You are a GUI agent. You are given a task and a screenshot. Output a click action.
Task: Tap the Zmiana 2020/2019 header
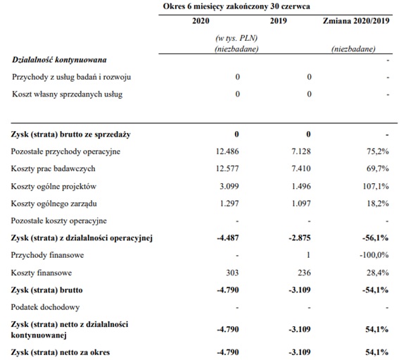click(358, 21)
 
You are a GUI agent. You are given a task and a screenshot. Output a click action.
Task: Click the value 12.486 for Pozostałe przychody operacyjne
click(226, 151)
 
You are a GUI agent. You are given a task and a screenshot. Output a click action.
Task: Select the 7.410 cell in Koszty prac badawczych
click(298, 169)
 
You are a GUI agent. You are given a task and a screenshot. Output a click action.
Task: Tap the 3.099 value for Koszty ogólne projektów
click(229, 186)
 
